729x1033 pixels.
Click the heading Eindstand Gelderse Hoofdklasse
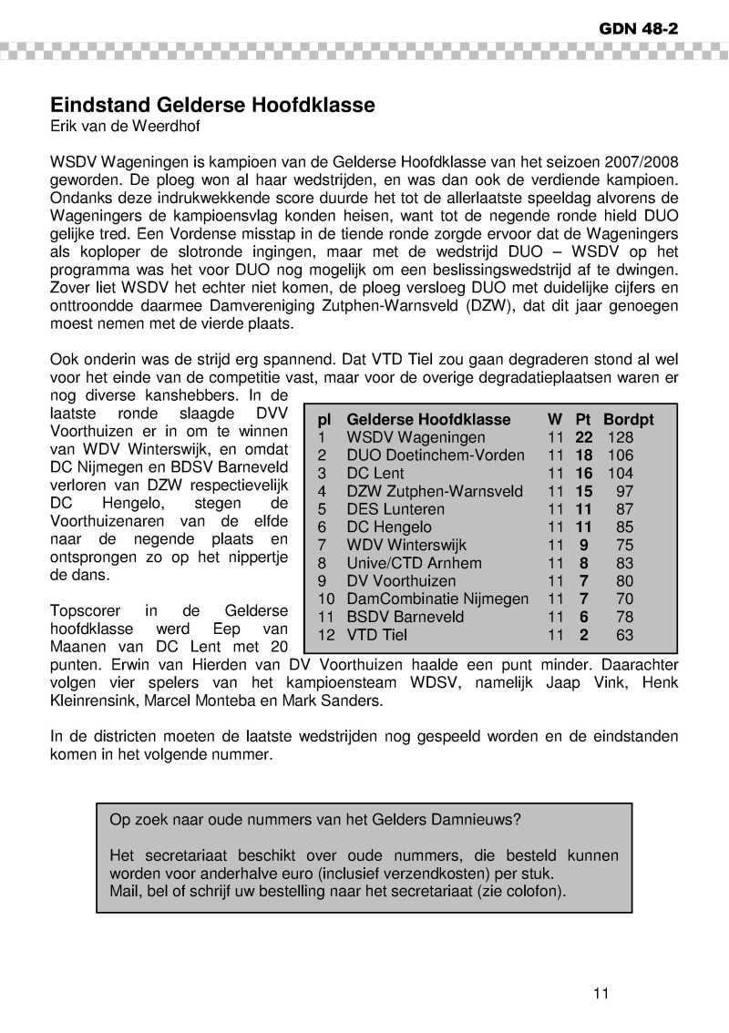coord(212,105)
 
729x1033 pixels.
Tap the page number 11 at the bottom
coord(600,993)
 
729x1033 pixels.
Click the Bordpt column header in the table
coord(629,420)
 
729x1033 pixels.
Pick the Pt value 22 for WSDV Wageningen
coord(583,438)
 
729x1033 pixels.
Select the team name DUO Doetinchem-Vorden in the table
coord(436,455)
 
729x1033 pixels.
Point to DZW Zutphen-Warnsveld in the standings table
coord(436,491)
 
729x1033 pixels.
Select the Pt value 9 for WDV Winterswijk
coord(583,546)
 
